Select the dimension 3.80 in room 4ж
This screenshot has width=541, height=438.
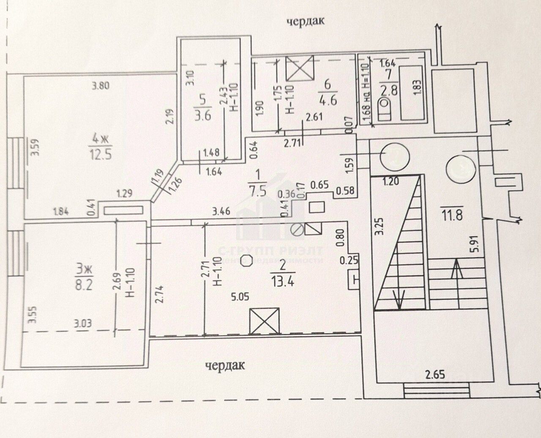[101, 87]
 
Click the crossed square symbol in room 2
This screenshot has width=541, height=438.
[265, 321]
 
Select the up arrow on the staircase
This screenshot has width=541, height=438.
[456, 272]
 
